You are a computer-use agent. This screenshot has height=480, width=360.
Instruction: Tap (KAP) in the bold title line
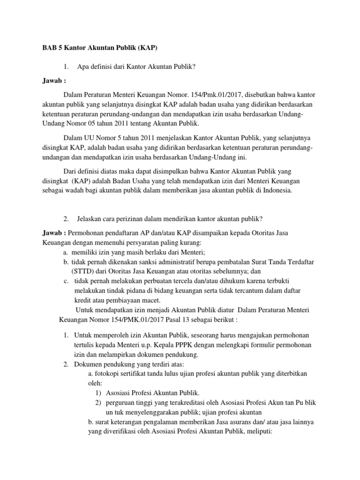(x=145, y=48)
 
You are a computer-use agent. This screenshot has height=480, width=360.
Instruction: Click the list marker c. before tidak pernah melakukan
(x=67, y=281)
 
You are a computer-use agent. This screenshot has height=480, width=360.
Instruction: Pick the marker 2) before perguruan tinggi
(x=98, y=402)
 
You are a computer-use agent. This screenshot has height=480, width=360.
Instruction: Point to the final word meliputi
(x=252, y=431)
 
